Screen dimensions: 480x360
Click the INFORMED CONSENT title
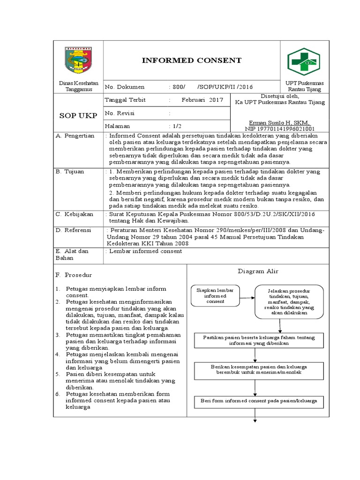(x=192, y=60)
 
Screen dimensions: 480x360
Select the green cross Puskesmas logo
(x=303, y=61)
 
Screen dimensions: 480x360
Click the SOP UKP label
(x=78, y=116)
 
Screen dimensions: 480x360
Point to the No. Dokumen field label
(x=125, y=87)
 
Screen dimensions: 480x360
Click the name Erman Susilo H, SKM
(x=279, y=122)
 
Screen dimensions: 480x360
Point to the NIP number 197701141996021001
(x=279, y=128)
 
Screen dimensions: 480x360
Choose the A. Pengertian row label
(x=75, y=136)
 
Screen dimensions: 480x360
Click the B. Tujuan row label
(x=70, y=172)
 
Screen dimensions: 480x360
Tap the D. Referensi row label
(x=74, y=231)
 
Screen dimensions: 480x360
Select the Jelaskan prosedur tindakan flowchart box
(x=289, y=301)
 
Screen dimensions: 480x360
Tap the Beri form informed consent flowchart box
(x=256, y=401)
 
